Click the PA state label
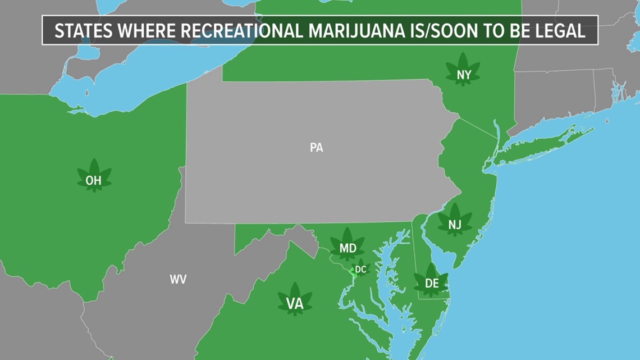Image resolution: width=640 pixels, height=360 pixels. (316, 148)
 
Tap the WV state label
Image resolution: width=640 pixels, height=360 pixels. (178, 279)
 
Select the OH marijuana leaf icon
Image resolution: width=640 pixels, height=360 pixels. (94, 177)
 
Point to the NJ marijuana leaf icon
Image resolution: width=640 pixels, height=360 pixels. (455, 221)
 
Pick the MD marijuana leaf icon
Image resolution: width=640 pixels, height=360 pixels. (348, 245)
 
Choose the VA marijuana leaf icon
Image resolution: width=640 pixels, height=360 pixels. (295, 300)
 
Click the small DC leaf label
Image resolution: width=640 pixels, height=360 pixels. (360, 270)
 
